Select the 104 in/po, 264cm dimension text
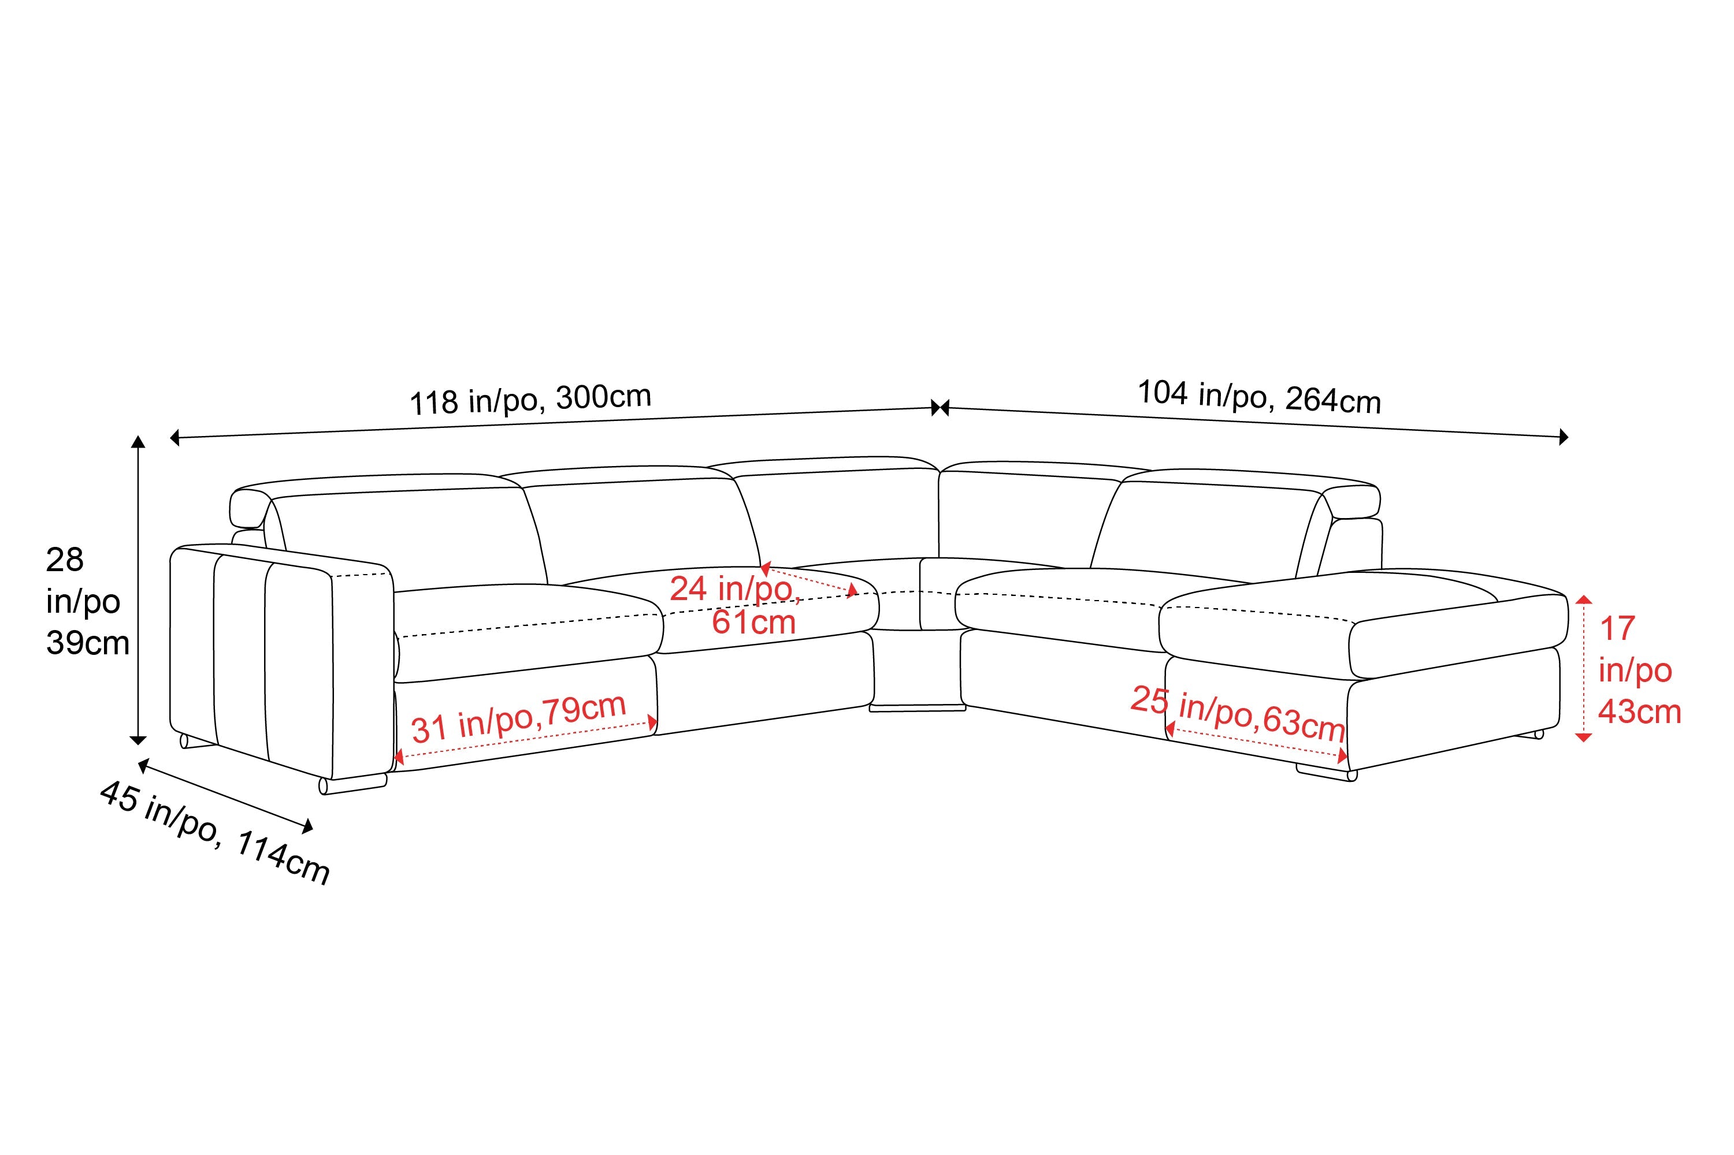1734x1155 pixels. pyautogui.click(x=1260, y=397)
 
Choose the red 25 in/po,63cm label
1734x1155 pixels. pyautogui.click(x=1238, y=714)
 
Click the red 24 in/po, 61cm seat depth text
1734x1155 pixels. pyautogui.click(x=735, y=605)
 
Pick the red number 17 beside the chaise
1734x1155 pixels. pyautogui.click(x=1617, y=628)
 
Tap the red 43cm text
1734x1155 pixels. pyautogui.click(x=1640, y=711)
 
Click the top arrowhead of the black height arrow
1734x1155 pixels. pyautogui.click(x=138, y=442)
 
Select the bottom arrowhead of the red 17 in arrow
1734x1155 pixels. pyautogui.click(x=1583, y=735)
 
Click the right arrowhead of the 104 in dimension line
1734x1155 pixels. pyautogui.click(x=1563, y=437)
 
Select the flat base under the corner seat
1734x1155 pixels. pyautogui.click(x=918, y=707)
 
